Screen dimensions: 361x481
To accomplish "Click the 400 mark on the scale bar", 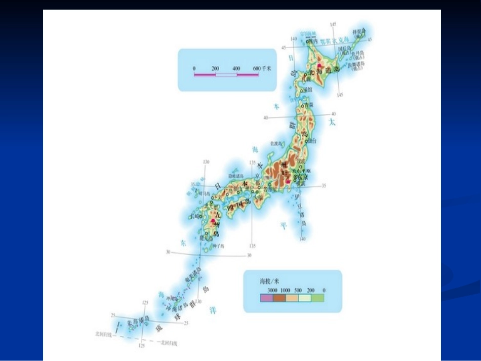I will tap(236, 68).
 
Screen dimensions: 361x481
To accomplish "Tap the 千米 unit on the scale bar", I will tap(266, 68).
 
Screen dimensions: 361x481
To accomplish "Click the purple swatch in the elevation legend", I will tap(266, 298).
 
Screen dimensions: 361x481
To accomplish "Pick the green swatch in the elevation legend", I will tap(317, 298).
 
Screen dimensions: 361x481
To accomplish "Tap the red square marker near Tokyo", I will tap(288, 181).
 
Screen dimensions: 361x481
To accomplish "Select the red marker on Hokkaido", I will tap(319, 66).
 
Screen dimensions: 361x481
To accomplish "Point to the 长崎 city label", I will tap(195, 217).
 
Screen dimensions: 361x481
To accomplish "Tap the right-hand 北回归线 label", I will tap(167, 344).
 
